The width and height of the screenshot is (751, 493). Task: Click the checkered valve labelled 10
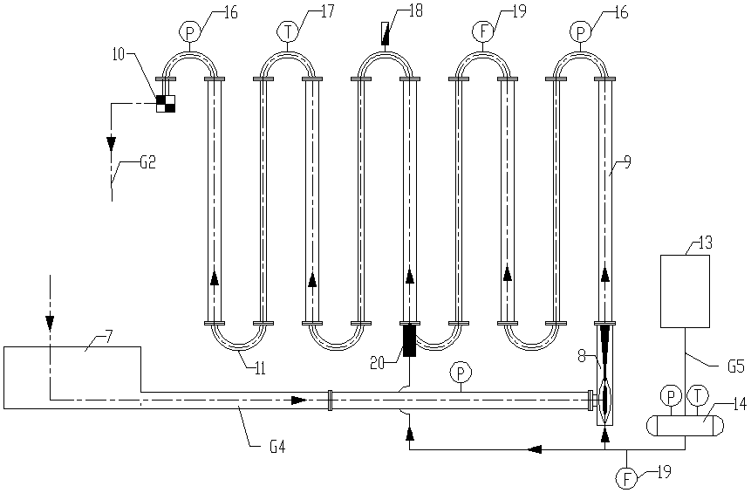click(x=166, y=104)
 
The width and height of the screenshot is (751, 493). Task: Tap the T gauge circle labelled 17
click(x=287, y=32)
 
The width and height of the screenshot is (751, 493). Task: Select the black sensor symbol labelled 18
click(x=385, y=33)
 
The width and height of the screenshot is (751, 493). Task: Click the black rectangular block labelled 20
click(x=409, y=340)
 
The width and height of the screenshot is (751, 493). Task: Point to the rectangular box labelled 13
click(x=685, y=291)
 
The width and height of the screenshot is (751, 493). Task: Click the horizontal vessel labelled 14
click(x=685, y=425)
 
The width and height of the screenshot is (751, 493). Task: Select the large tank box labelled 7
click(x=72, y=378)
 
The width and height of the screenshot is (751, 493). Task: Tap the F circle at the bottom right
click(x=626, y=477)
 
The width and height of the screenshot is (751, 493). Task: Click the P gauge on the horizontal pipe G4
click(x=461, y=372)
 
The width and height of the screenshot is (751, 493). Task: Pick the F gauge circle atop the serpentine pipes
click(x=483, y=32)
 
